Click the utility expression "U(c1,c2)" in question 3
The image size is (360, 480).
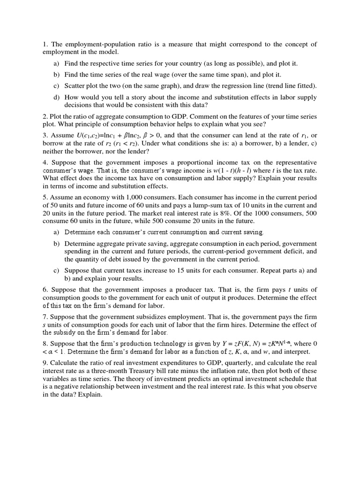point(85,136)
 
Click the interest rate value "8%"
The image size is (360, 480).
point(249,212)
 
